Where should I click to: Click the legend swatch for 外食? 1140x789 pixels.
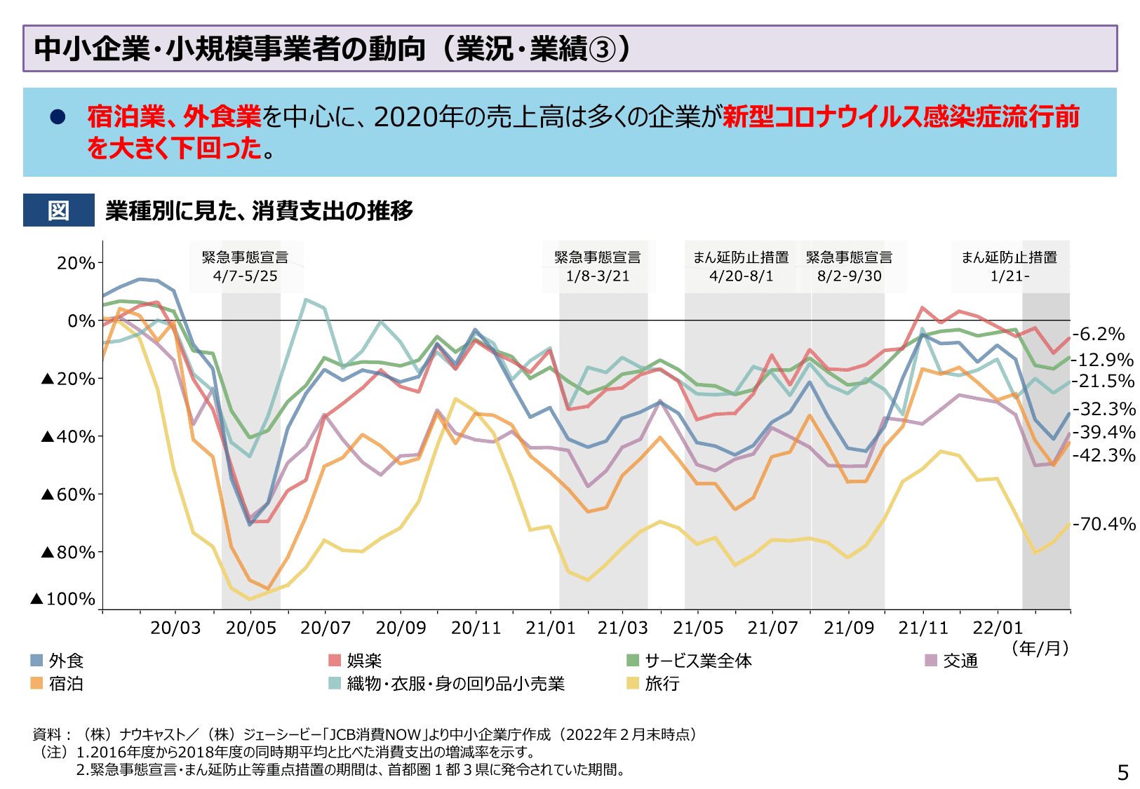36,660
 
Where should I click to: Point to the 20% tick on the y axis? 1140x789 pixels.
76,263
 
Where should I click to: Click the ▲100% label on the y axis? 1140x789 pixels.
63,598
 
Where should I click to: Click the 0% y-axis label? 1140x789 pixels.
81,321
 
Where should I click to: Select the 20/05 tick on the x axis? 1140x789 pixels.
250,628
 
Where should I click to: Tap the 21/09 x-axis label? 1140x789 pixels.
848,628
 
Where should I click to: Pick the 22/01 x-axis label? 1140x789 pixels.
998,628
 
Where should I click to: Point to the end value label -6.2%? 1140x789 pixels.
1099,334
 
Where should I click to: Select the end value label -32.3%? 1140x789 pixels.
1104,409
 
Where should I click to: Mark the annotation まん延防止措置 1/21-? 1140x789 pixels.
1009,267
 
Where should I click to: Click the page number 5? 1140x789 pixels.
1122,772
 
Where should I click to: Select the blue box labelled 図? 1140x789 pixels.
58,210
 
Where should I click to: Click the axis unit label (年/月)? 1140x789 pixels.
1040,648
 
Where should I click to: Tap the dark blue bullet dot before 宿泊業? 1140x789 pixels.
58,117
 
